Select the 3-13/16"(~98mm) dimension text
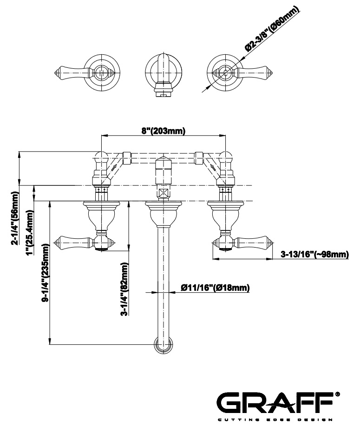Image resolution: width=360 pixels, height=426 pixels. (314, 254)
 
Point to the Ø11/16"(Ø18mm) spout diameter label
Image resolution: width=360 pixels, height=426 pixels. (215, 288)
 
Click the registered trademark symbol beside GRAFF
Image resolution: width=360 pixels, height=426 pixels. (337, 394)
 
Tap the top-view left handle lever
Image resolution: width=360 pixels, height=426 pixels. (74, 72)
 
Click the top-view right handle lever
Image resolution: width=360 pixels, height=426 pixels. (251, 72)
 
